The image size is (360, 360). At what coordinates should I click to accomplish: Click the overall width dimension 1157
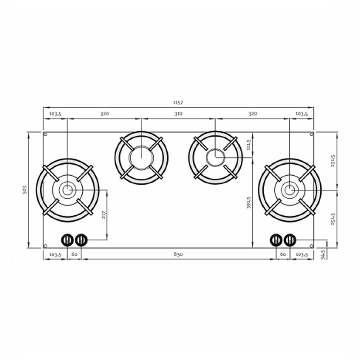(178, 102)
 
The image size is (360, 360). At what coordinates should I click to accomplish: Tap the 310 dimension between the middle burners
(178, 114)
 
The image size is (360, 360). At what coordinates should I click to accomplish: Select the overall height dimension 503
(25, 189)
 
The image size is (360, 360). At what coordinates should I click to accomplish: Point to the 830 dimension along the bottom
(178, 255)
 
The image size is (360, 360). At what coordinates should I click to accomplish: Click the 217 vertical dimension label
(104, 215)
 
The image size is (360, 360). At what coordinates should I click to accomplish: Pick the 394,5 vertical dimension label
(249, 202)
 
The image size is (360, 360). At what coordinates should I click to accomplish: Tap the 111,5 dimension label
(249, 144)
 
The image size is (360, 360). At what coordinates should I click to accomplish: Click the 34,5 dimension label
(323, 255)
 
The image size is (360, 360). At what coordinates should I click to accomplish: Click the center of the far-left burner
(67, 190)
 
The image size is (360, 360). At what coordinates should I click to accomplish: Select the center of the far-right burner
(290, 190)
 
